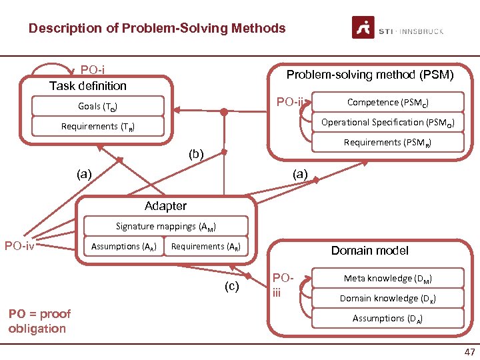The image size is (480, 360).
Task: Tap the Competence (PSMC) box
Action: pos(387,103)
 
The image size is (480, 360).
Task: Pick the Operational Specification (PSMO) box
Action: pos(387,123)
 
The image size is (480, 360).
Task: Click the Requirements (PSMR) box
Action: pos(387,143)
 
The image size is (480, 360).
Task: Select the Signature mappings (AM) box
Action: pos(165,227)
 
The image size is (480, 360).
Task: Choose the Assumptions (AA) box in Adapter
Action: pos(123,247)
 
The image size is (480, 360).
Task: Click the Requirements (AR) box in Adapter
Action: pos(205,247)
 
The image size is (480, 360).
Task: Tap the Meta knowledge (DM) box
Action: pos(387,279)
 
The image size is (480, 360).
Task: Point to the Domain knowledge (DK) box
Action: pos(387,299)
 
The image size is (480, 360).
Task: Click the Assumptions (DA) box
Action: pos(387,319)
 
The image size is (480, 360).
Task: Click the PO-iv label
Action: pos(19,246)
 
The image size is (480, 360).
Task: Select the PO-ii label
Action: pos(290,102)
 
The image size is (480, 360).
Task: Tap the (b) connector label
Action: pos(196,154)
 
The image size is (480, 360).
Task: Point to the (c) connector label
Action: pos(231,287)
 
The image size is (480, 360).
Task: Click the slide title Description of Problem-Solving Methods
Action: pos(157,29)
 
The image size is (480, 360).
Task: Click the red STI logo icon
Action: pos(363,28)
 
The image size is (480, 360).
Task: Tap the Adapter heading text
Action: pos(165,207)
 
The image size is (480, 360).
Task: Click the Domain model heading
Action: pos(369,251)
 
